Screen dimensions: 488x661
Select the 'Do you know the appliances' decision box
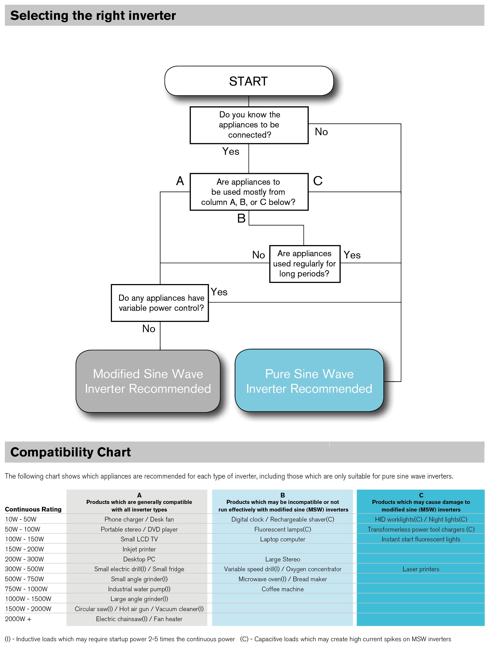coord(249,125)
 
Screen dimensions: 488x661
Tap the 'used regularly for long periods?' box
coord(305,264)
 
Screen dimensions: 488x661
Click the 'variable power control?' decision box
coord(160,303)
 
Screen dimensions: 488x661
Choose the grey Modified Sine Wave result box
coord(148,381)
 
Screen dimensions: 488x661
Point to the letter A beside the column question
coord(180,181)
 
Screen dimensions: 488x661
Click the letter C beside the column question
coord(318,181)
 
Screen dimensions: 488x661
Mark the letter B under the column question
coord(241,218)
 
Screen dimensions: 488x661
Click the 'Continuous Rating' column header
coord(33,509)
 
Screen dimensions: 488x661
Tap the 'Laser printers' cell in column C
coord(421,569)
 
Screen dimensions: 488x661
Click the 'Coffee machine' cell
coord(283,589)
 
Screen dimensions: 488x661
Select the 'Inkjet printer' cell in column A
coord(139,549)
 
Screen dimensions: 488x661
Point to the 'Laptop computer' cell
coord(283,539)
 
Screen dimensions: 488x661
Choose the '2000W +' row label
coord(18,619)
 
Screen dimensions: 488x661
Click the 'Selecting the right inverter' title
coord(93,15)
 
